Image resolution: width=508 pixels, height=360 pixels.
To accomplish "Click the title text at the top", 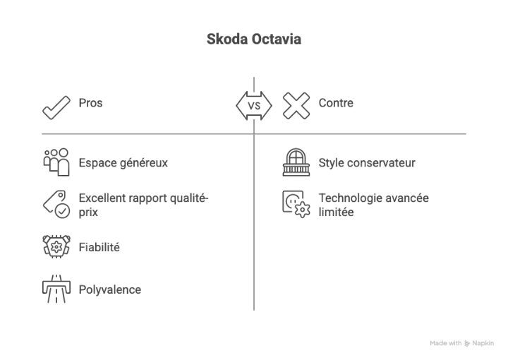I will coord(254,38).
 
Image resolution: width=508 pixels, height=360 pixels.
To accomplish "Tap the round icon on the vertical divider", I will coord(253,107).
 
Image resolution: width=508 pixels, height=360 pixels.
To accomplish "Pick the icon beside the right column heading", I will coord(296,107).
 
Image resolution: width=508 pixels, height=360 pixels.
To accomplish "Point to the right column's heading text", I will coord(335,105).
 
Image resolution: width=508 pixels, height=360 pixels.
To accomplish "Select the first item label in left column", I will coord(124,164).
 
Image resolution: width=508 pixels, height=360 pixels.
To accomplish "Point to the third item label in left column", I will coord(102,246).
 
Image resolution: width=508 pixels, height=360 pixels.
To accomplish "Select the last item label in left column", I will coord(110,288).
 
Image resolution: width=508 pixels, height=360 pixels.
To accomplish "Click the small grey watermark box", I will coord(462,344).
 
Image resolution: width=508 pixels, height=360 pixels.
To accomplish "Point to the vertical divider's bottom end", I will coord(254,312).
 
